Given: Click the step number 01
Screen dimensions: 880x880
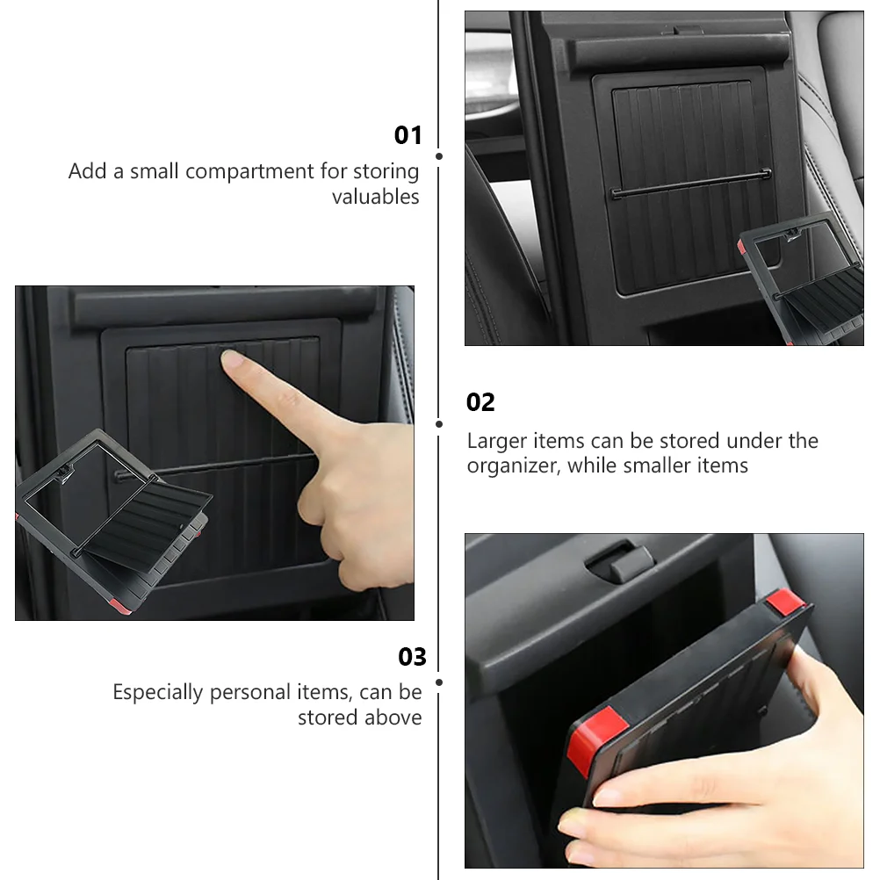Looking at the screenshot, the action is (x=408, y=135).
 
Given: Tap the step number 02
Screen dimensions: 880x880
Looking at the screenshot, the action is (x=480, y=402).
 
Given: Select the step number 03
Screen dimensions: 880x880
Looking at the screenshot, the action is (x=412, y=657).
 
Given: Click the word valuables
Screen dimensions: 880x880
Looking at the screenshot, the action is (x=376, y=197).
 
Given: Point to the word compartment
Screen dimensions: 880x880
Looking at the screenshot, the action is (x=249, y=172).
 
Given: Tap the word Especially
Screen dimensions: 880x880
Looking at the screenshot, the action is (x=158, y=693).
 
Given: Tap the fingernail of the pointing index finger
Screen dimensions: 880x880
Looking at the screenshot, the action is (x=231, y=359).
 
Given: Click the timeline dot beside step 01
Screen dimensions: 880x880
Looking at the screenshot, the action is (x=439, y=156).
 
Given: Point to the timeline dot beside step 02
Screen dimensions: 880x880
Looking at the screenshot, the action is (x=439, y=424).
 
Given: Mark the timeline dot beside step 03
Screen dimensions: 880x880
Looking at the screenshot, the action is (x=439, y=682).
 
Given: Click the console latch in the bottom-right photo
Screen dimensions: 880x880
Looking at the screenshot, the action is (x=620, y=562).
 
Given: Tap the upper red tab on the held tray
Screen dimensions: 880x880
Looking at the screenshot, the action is (x=786, y=602).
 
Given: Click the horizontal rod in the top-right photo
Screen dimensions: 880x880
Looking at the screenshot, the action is (x=691, y=184).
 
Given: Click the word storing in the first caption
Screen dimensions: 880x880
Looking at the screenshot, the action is (x=386, y=172).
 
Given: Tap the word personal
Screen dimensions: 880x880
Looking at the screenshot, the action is (x=249, y=693).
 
